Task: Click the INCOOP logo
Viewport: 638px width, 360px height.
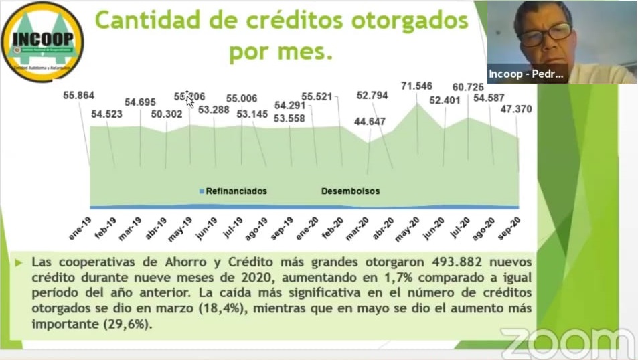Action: click(x=43, y=41)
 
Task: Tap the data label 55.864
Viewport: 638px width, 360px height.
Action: click(x=80, y=95)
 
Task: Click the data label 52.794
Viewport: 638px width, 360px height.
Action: click(x=373, y=95)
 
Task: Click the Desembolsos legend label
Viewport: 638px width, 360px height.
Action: click(x=350, y=191)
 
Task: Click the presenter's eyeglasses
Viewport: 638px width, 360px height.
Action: click(x=545, y=31)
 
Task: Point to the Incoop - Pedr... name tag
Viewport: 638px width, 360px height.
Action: click(x=527, y=74)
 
